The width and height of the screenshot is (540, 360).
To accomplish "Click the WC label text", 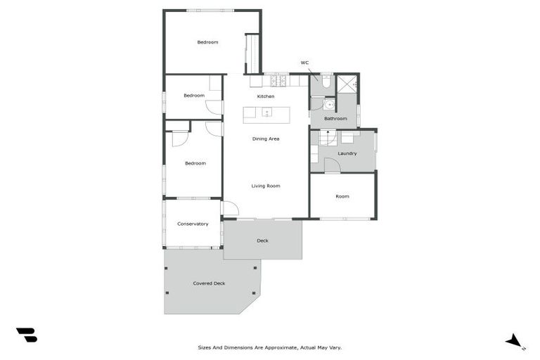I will pyautogui.click(x=304, y=63).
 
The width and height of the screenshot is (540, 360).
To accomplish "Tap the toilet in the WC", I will pyautogui.click(x=326, y=82).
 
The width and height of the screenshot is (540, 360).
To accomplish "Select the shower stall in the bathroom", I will pyautogui.click(x=347, y=84).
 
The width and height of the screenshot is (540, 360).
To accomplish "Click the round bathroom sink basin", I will pyautogui.click(x=328, y=104).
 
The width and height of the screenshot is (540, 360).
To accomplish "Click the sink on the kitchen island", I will pyautogui.click(x=267, y=112).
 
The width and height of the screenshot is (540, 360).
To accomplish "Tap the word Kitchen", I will pyautogui.click(x=265, y=96).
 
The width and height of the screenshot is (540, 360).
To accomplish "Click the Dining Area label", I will pyautogui.click(x=266, y=139).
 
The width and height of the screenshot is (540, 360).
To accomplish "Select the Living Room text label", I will pyautogui.click(x=266, y=186).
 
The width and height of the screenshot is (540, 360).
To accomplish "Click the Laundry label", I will pyautogui.click(x=347, y=153).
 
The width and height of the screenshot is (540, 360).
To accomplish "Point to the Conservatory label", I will pyautogui.click(x=193, y=224).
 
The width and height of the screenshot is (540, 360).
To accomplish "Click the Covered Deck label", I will pyautogui.click(x=209, y=283).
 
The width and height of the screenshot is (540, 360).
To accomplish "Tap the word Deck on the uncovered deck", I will pyautogui.click(x=262, y=240).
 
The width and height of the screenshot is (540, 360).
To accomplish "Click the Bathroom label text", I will pyautogui.click(x=335, y=118).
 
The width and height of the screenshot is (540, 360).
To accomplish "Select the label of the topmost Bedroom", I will pyautogui.click(x=207, y=42).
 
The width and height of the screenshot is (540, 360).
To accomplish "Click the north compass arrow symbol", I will pyautogui.click(x=514, y=341).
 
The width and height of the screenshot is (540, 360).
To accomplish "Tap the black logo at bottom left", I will pyautogui.click(x=26, y=335).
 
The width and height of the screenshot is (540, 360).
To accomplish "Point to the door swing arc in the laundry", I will pyautogui.click(x=332, y=165).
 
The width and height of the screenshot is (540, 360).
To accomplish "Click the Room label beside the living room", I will pyautogui.click(x=342, y=196).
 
